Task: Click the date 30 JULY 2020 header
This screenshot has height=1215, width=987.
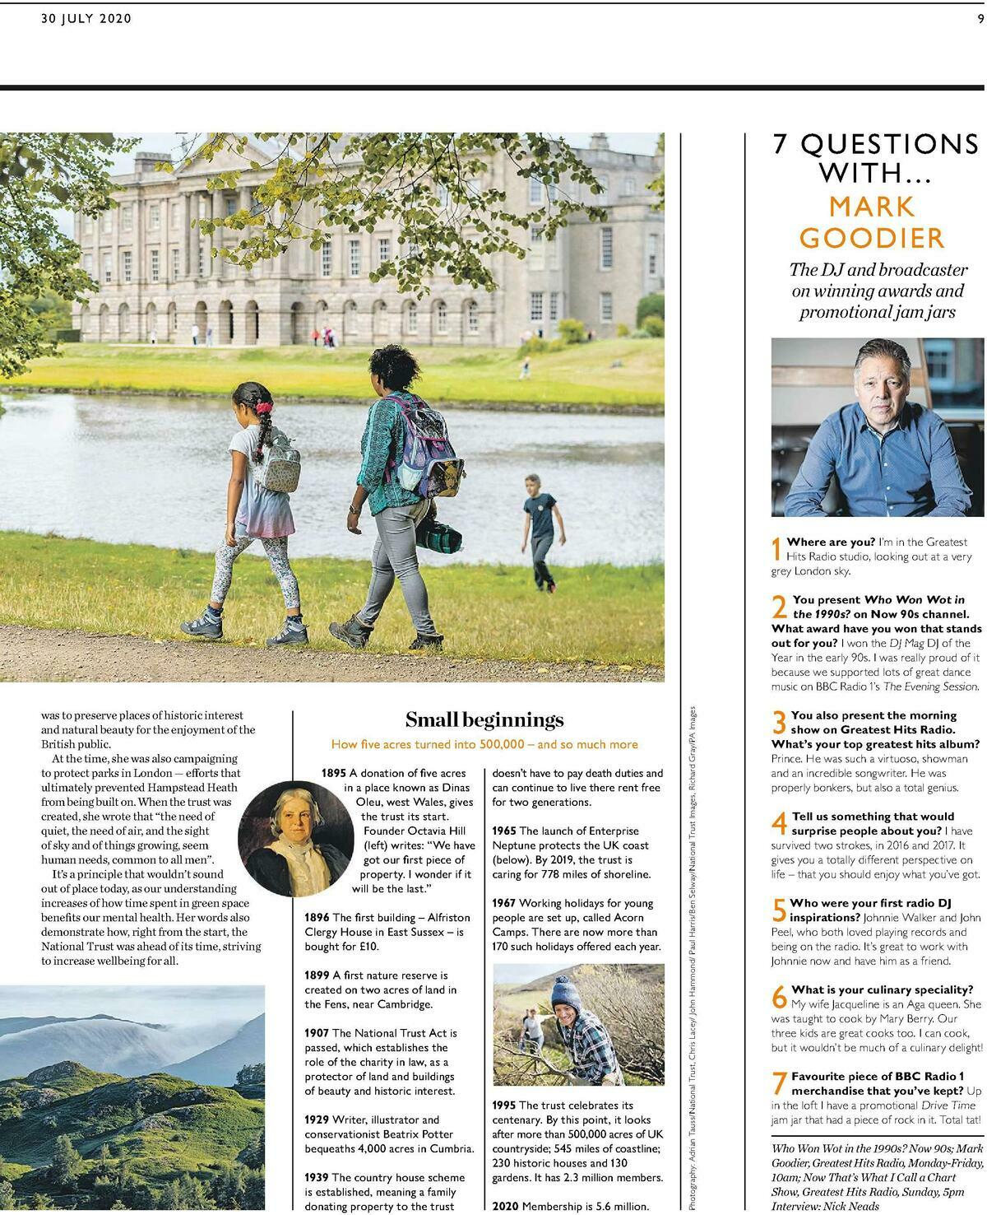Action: pyautogui.click(x=86, y=19)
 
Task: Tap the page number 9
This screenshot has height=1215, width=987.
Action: pyautogui.click(x=980, y=19)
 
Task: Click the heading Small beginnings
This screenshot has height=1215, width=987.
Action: pyautogui.click(x=484, y=720)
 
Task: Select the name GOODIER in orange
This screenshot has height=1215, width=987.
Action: pyautogui.click(x=872, y=238)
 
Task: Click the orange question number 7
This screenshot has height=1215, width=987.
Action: pyautogui.click(x=779, y=1082)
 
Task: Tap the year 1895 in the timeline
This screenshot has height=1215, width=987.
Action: pyautogui.click(x=334, y=773)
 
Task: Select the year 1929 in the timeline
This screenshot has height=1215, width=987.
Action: pyautogui.click(x=317, y=1120)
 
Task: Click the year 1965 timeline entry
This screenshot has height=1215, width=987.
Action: pyautogui.click(x=504, y=831)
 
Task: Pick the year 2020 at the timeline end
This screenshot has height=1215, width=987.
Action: pyautogui.click(x=504, y=1207)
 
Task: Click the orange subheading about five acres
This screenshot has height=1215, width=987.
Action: pyautogui.click(x=484, y=744)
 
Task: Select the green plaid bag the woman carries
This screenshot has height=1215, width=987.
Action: pyautogui.click(x=433, y=536)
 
